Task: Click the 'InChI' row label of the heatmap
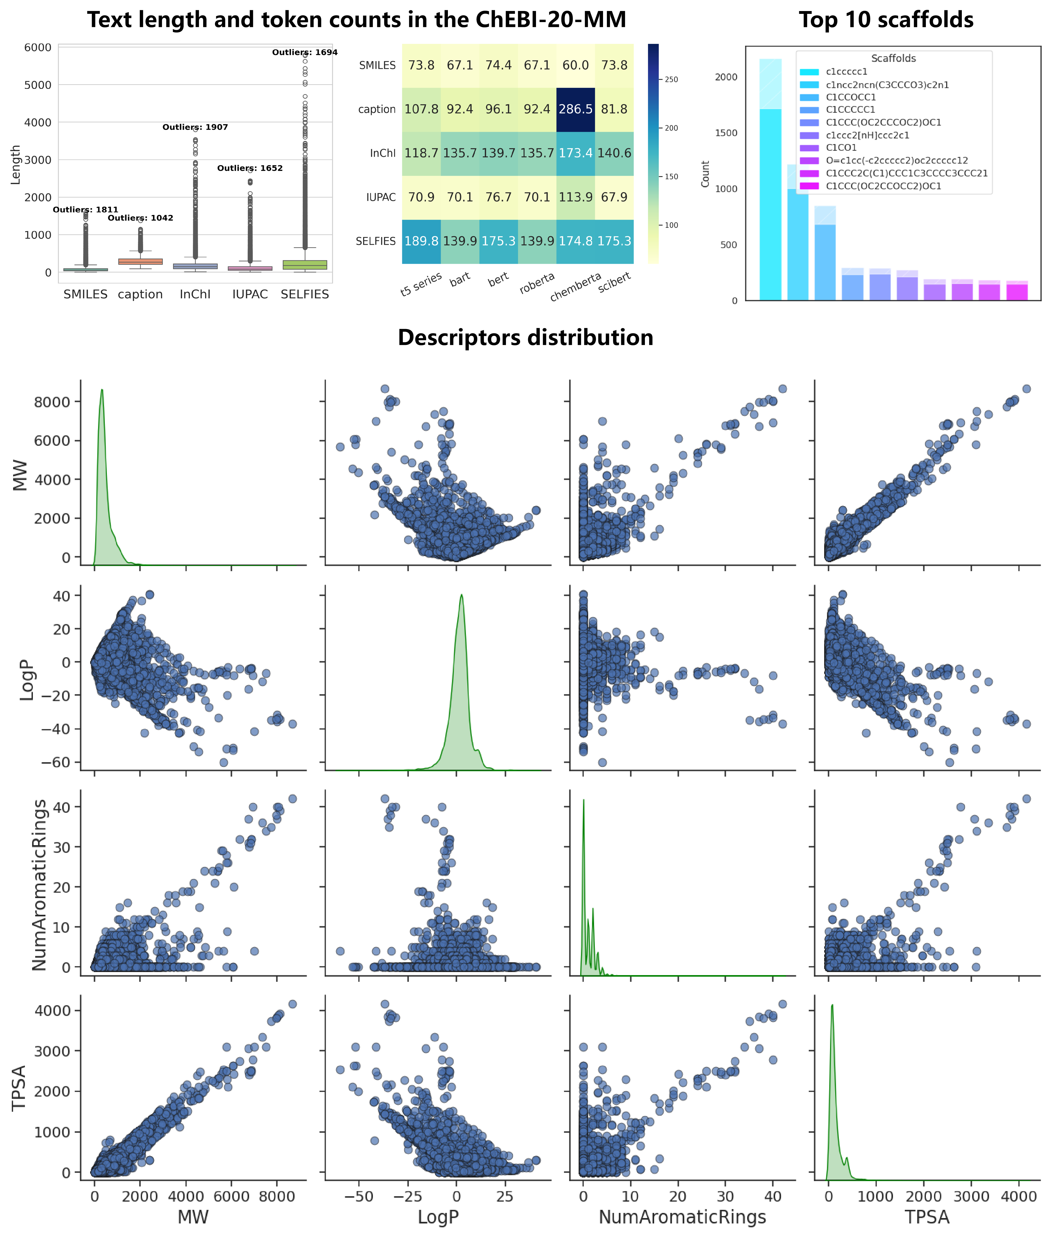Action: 383,153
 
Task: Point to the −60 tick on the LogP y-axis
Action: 55,762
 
